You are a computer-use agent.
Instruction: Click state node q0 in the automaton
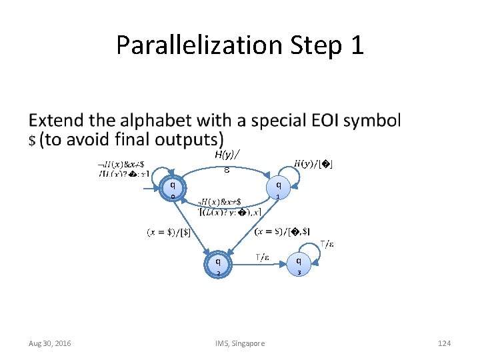(173, 189)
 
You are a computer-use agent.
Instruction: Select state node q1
(278, 189)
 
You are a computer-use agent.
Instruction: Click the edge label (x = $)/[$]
(169, 232)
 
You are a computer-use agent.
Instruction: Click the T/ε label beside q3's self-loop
(327, 244)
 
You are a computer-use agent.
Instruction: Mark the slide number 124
(444, 343)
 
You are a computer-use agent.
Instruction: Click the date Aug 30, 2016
(51, 343)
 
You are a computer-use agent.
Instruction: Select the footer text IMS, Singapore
(240, 343)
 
